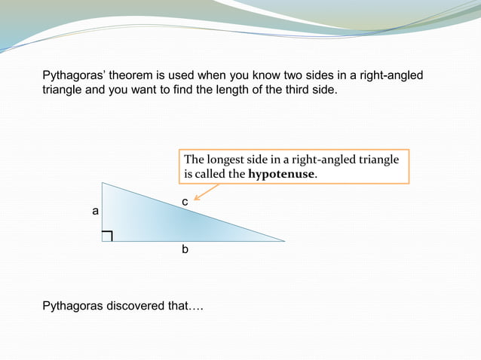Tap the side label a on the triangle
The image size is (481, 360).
pos(95,212)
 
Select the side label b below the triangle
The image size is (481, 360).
pos(185,249)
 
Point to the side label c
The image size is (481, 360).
pos(185,203)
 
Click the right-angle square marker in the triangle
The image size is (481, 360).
pos(107,236)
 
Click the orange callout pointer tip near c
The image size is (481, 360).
pos(195,200)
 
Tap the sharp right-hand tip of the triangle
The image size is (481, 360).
pos(284,241)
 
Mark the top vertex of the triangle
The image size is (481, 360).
pos(103,183)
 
